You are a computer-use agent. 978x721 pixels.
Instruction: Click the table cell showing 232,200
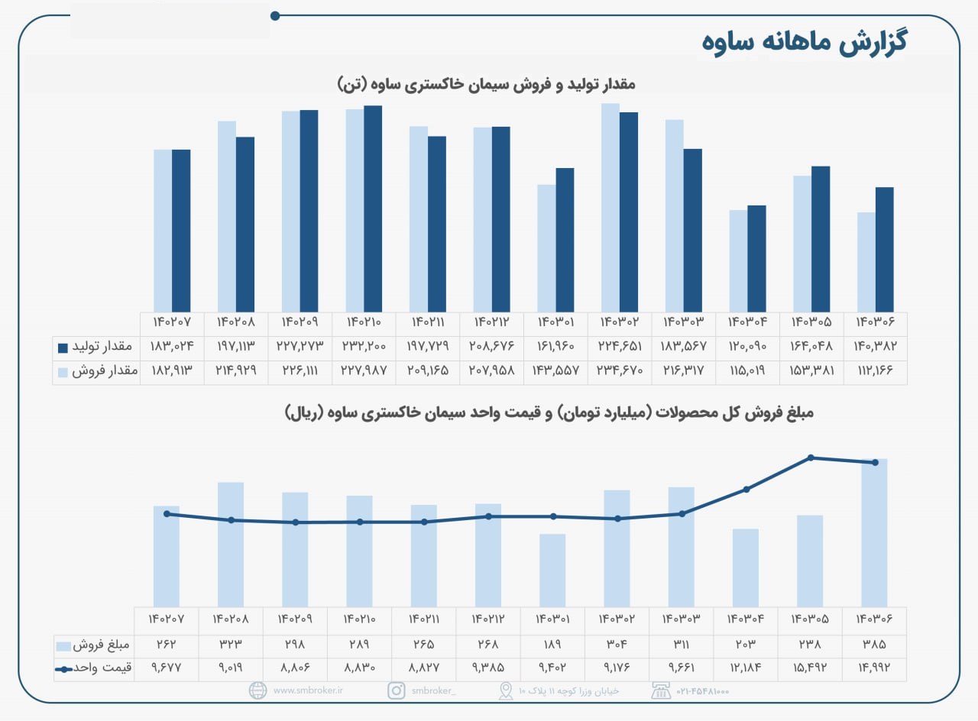tap(364, 347)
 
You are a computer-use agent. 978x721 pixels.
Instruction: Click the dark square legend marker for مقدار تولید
tap(63, 348)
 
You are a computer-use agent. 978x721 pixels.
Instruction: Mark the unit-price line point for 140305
tap(811, 457)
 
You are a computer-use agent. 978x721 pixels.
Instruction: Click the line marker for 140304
tap(746, 489)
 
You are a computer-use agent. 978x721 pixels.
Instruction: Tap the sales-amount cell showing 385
tap(875, 645)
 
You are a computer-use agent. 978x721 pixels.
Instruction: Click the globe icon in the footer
tap(258, 690)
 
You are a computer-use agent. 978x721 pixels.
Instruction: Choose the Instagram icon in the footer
tap(397, 690)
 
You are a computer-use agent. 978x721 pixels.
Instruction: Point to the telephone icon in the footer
tap(659, 690)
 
